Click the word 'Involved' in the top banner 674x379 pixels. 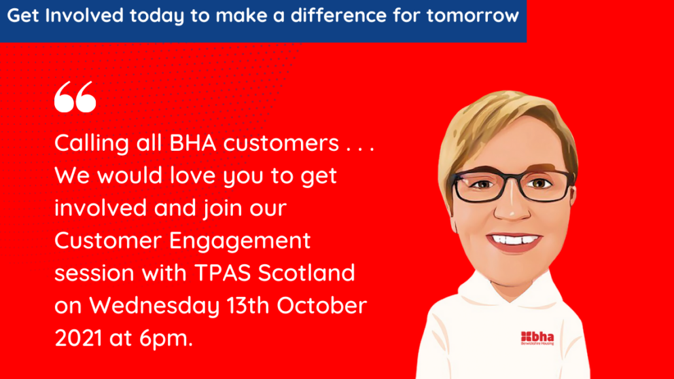pyautogui.click(x=84, y=16)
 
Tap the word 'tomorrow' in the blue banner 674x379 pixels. pyautogui.click(x=473, y=16)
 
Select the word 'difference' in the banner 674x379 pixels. pyautogui.click(x=338, y=16)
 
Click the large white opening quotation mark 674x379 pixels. pyautogui.click(x=75, y=96)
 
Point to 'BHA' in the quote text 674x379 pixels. pyautogui.click(x=192, y=143)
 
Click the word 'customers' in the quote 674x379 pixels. pyautogui.click(x=281, y=143)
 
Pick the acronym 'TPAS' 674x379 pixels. pyautogui.click(x=222, y=273)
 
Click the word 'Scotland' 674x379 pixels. pyautogui.click(x=306, y=273)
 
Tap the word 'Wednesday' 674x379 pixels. pyautogui.click(x=154, y=306)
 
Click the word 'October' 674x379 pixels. pyautogui.click(x=321, y=306)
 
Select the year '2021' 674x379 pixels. pyautogui.click(x=78, y=338)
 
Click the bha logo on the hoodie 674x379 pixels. pyautogui.click(x=537, y=338)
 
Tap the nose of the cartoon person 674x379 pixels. pyautogui.click(x=512, y=208)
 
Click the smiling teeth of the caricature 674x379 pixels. pyautogui.click(x=514, y=239)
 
